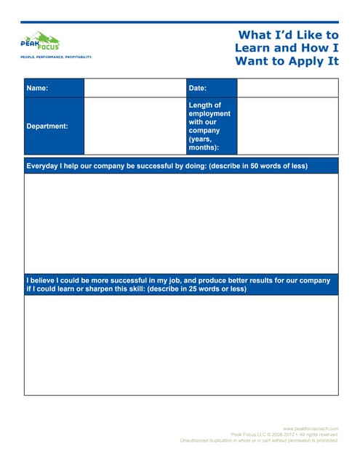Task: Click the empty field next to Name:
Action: pyautogui.click(x=135, y=88)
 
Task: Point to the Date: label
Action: pyautogui.click(x=197, y=88)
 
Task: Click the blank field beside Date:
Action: pyautogui.click(x=287, y=88)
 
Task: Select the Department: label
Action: pyautogui.click(x=47, y=126)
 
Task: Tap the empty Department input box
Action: pyautogui.click(x=135, y=126)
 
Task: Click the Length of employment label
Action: pyautogui.click(x=209, y=126)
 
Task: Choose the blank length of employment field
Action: pyautogui.click(x=287, y=126)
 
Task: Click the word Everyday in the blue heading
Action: pyautogui.click(x=46, y=166)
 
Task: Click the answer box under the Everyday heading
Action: pyautogui.click(x=181, y=224)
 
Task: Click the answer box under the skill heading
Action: pyautogui.click(x=181, y=345)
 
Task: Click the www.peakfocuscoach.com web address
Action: pyautogui.click(x=311, y=429)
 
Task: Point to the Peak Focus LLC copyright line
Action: pyautogui.click(x=284, y=434)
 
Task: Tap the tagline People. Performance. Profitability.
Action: pyautogui.click(x=56, y=56)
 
